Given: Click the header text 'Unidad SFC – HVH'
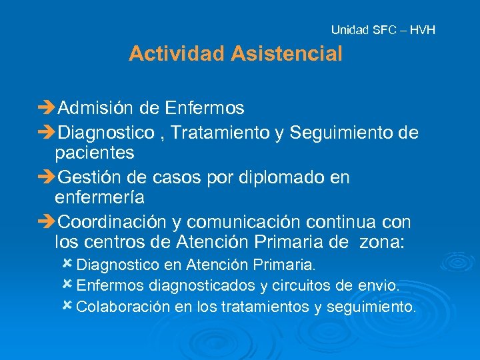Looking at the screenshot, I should coord(383,30).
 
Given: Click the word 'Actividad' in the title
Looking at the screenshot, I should coord(177,53).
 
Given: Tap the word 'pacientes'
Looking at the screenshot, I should coord(95,153).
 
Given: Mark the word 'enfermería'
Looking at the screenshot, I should coord(100,198).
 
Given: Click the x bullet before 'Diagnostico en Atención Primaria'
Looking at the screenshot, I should coord(67,263).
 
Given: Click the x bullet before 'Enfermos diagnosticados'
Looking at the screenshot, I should coord(67,285).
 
